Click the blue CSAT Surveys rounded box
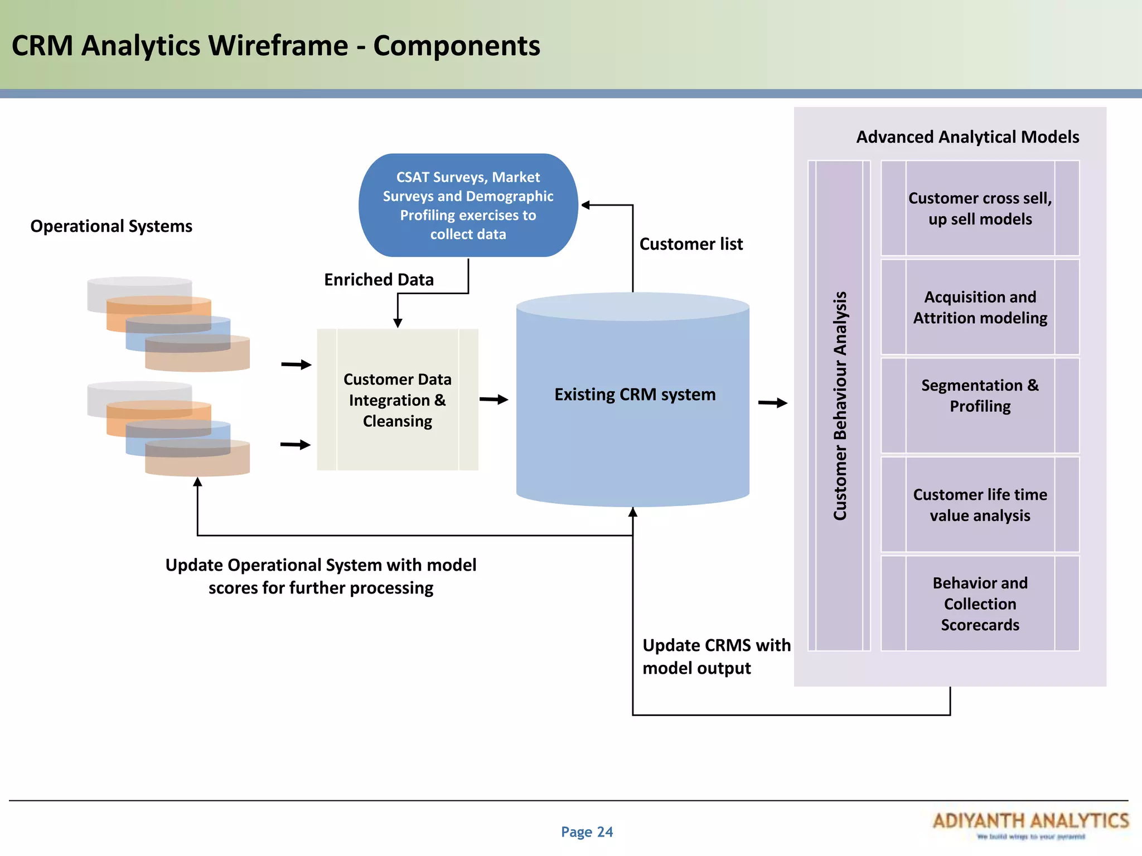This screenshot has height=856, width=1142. (x=468, y=205)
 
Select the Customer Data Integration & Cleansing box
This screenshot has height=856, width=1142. (x=397, y=400)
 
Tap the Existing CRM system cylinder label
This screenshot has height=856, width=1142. (x=635, y=394)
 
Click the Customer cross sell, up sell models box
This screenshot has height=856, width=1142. (x=980, y=208)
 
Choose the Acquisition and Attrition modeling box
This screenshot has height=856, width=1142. (x=980, y=307)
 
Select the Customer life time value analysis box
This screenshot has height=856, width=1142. (x=980, y=504)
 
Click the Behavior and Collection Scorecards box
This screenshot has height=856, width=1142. (x=980, y=604)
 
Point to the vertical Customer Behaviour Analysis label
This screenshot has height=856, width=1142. (x=840, y=406)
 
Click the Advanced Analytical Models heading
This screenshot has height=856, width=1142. (x=967, y=137)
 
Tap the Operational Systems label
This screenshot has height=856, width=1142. (x=111, y=226)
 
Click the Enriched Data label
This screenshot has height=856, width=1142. (x=379, y=280)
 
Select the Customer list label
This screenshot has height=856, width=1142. (x=691, y=244)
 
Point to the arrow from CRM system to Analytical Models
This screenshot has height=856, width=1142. (x=772, y=402)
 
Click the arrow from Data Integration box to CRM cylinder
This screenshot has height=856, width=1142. (x=493, y=399)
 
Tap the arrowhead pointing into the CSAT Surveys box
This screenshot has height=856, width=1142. (x=585, y=205)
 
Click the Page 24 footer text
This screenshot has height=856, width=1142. (x=587, y=832)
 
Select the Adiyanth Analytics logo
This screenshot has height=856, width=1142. (x=1030, y=824)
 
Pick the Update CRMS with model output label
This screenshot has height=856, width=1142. (x=716, y=656)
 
